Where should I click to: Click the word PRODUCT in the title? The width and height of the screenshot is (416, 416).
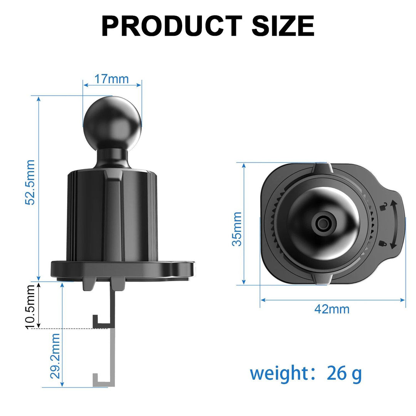(x=171, y=26)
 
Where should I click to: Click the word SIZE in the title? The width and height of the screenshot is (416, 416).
(x=283, y=26)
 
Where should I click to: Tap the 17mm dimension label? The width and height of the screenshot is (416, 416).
(x=112, y=79)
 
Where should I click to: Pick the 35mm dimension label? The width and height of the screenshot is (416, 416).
(x=237, y=229)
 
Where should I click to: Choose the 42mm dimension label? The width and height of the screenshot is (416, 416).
(x=332, y=309)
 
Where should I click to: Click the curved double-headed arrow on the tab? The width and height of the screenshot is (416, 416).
(x=393, y=225)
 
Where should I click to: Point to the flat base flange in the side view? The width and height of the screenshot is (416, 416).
(x=122, y=268)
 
